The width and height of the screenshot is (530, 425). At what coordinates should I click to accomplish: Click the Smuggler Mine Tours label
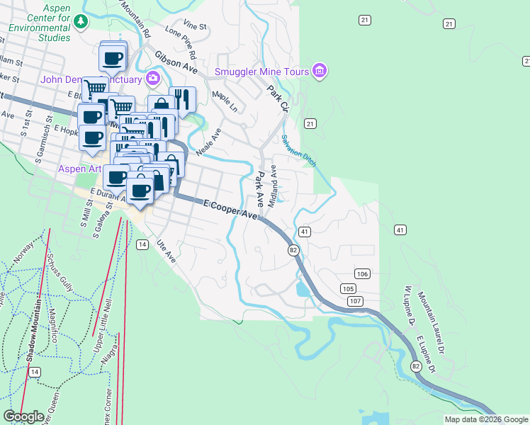[x=262, y=72]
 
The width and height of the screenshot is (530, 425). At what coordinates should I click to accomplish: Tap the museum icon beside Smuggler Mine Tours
[x=320, y=71]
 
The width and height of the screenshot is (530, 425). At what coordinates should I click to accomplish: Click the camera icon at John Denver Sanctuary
[x=152, y=77]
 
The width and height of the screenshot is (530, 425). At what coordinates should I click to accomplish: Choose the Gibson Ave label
[x=176, y=62]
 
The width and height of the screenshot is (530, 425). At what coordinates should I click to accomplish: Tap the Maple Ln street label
[x=225, y=101]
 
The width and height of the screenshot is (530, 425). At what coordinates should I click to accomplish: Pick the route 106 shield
[x=362, y=273]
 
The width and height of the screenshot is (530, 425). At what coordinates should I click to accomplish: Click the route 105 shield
[x=347, y=288]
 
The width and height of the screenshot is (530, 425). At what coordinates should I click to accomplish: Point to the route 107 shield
[x=355, y=301]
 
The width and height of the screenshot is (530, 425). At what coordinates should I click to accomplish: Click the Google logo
[x=23, y=416]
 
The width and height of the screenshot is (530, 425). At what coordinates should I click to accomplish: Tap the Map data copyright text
[x=485, y=419]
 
